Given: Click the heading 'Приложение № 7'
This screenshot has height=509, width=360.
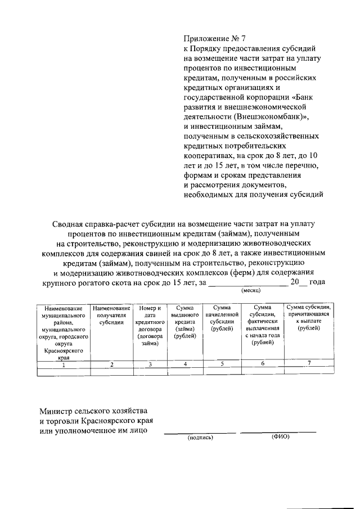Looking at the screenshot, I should click(x=215, y=39).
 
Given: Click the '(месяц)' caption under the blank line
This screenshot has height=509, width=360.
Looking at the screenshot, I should click(x=250, y=291).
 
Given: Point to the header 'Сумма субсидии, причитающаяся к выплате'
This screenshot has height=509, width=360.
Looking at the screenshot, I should click(x=309, y=318).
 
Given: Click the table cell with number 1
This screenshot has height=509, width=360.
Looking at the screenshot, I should click(x=63, y=364).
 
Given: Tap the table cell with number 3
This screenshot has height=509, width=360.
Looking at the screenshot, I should click(x=150, y=364).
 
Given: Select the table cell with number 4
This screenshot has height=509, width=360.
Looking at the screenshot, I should click(x=185, y=364).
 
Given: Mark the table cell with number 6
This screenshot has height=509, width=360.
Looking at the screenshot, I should click(x=263, y=364).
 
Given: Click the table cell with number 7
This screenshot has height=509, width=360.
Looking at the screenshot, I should click(x=309, y=363).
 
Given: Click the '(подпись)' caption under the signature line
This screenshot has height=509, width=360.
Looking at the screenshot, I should click(x=200, y=438).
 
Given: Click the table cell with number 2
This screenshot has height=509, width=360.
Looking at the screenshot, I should click(x=112, y=364).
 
